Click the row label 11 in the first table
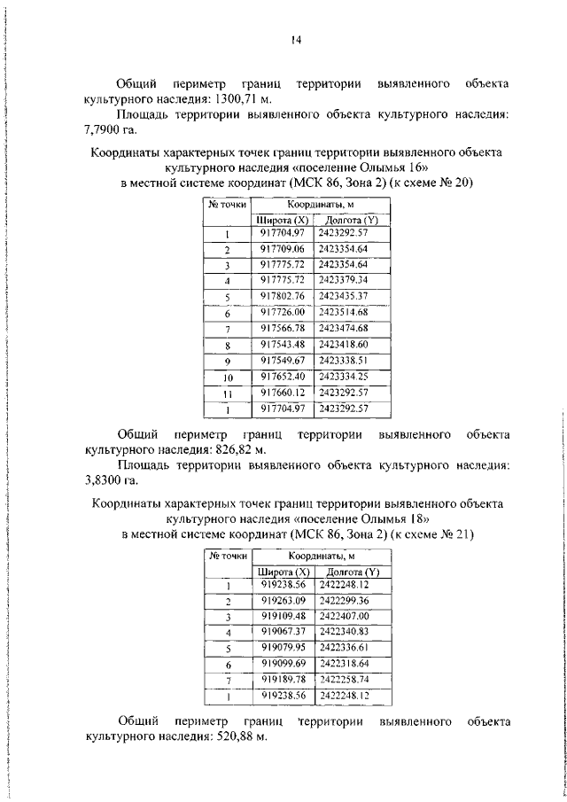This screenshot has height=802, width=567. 228,393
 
